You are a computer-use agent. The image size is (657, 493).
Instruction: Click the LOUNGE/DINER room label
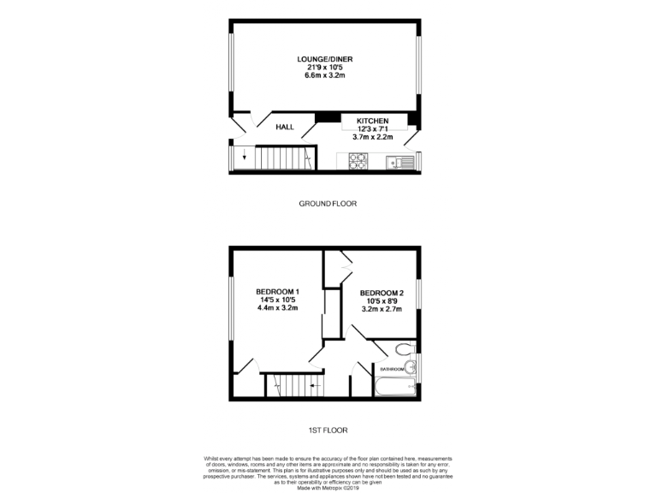coord(325,59)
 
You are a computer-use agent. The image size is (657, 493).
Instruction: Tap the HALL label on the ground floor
coord(285,128)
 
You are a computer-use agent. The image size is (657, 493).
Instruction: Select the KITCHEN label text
coord(372,122)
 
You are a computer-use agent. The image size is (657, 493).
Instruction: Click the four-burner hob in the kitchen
coord(358,159)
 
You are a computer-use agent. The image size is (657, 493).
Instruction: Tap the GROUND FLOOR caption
coord(328,204)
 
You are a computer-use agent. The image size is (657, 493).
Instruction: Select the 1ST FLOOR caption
coord(328,430)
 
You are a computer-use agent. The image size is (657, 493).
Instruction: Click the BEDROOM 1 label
coord(277,292)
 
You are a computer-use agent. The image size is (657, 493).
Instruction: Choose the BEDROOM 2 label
coord(382,295)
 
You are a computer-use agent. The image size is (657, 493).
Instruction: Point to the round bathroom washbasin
coord(411,369)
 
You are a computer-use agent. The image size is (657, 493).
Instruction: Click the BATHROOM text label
coord(392,369)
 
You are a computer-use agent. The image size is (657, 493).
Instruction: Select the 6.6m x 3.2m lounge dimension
coord(325,75)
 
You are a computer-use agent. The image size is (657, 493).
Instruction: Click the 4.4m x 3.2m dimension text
coord(277,308)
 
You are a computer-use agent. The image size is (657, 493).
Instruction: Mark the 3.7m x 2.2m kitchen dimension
coord(372,137)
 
